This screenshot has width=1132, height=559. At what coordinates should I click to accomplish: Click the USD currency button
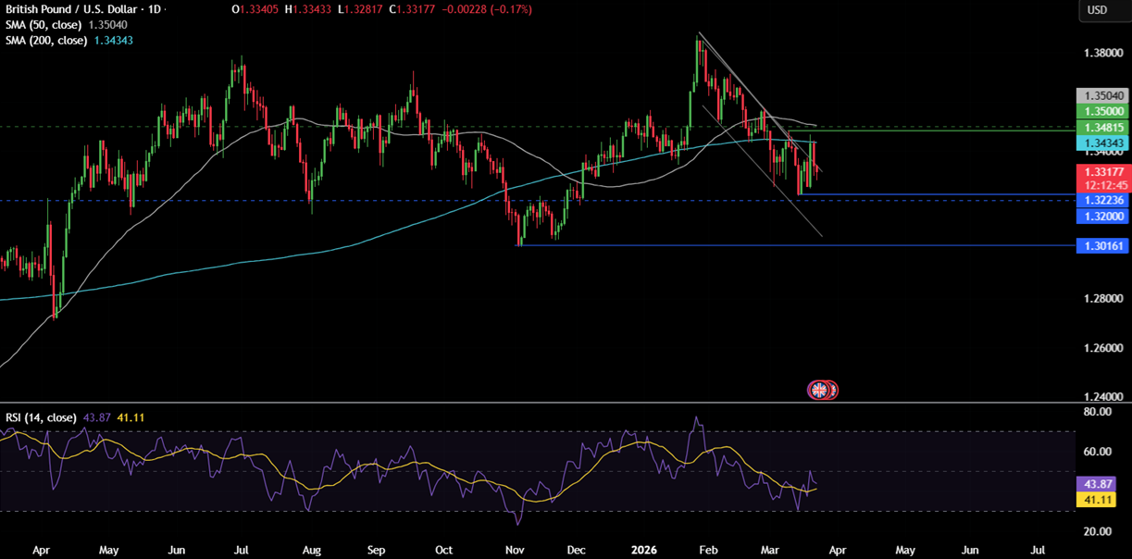[1097, 10]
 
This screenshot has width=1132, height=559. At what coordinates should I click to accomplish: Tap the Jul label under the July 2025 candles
[242, 549]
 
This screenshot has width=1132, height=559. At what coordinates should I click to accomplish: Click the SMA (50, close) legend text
[46, 25]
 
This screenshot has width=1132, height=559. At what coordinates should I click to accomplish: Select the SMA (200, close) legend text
[46, 41]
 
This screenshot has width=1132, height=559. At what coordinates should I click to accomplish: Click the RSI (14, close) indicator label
[41, 417]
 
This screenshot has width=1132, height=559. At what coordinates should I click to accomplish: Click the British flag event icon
[819, 390]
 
